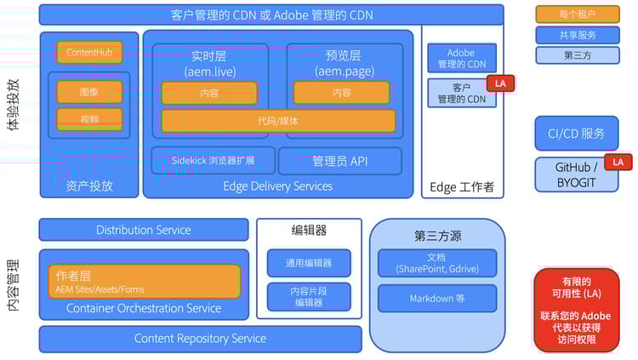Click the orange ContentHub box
pos(89,53)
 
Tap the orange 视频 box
pos(89,119)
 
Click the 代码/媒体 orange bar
pos(278,121)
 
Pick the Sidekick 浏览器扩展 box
pos(212,160)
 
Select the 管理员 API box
pos(339,160)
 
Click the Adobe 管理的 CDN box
pos(461,58)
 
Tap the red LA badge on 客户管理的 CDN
pos(500,83)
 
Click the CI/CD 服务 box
pos(576,133)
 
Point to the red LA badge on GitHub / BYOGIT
pos(618,162)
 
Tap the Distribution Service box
pos(144,230)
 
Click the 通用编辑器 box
pos(309,263)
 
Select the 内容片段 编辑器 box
pos(309,296)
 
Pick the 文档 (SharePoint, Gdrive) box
pos(436,263)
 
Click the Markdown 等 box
pos(436,298)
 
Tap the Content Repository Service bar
pos(200,339)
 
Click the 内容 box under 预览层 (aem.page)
pos(341,92)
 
